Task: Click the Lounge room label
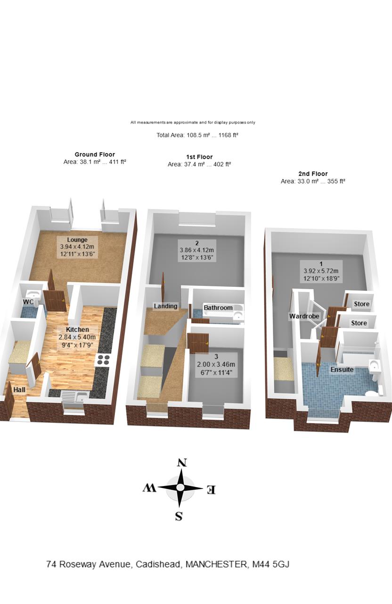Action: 77,240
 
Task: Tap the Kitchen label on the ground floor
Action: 78,329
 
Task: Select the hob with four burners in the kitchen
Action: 103,360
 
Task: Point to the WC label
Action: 28,302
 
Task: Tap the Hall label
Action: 19,390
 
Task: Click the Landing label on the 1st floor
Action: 165,306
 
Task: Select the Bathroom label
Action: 218,308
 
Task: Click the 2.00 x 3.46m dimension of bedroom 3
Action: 216,365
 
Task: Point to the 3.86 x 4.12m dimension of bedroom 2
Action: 197,250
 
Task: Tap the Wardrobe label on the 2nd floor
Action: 304,316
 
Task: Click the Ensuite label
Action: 342,369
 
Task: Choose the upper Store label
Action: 361,304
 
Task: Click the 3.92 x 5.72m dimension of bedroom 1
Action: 321,271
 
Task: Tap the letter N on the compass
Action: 182,463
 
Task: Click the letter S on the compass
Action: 179,516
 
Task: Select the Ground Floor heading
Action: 95,154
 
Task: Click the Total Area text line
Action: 197,135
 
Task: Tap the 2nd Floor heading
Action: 313,174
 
